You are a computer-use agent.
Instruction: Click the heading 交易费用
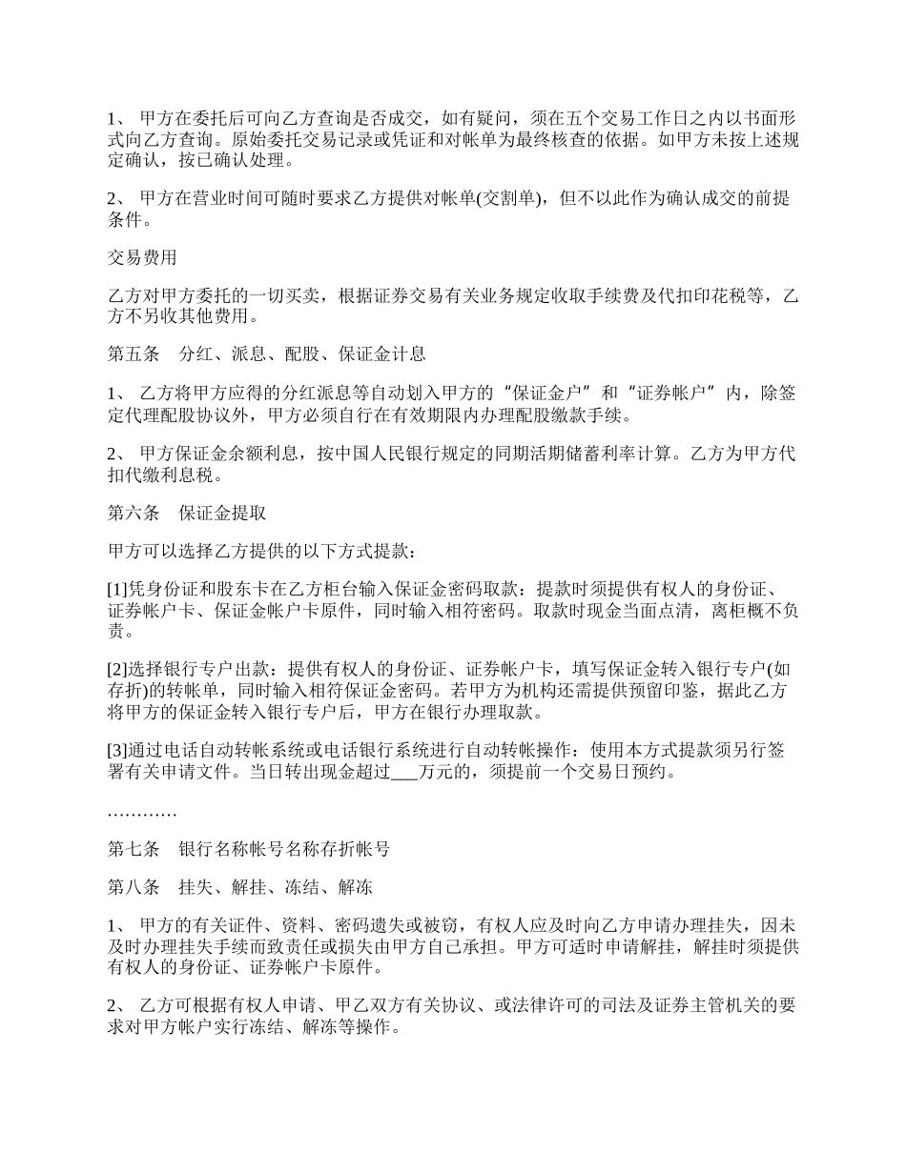coord(142,257)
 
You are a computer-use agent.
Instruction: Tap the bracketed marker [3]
coord(115,750)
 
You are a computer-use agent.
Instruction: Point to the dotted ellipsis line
coord(142,813)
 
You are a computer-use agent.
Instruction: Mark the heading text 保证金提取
coord(222,514)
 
